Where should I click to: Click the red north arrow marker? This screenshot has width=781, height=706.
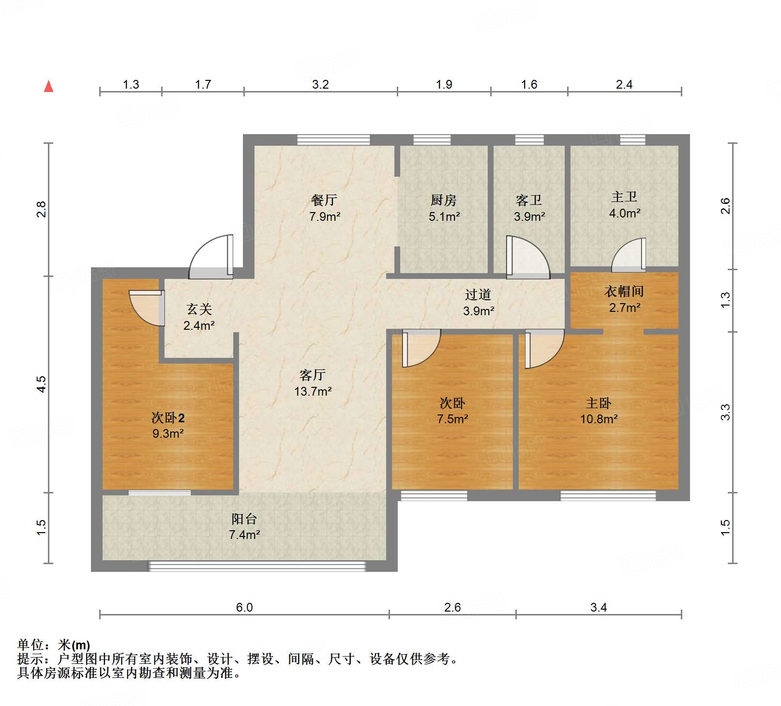[49, 86]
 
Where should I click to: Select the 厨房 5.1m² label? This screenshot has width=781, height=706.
[444, 208]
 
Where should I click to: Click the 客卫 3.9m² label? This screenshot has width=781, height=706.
[529, 208]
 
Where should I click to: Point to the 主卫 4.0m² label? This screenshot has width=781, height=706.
[624, 205]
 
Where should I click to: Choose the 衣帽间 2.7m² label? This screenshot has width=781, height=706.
[624, 299]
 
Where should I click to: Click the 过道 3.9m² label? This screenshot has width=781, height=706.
[478, 303]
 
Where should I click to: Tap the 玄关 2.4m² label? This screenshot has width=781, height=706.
[199, 317]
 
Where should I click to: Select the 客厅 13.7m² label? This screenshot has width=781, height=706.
[313, 383]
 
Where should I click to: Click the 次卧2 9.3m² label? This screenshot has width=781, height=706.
[168, 425]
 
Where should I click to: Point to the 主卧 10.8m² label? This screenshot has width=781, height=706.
[599, 411]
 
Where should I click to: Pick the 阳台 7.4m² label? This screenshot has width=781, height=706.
[244, 527]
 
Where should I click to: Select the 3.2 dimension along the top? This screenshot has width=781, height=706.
[320, 85]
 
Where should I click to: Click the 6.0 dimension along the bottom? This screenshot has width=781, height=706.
[244, 607]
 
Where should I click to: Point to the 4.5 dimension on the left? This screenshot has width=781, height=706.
[42, 384]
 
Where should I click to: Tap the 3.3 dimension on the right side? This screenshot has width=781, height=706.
[725, 412]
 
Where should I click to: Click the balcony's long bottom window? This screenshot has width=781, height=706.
[257, 566]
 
